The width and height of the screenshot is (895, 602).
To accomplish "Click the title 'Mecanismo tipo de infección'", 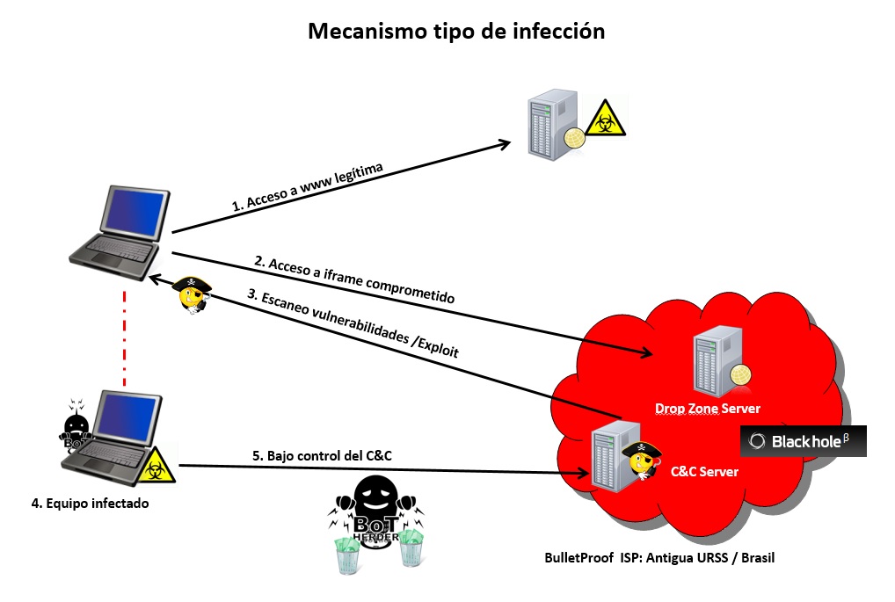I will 456,32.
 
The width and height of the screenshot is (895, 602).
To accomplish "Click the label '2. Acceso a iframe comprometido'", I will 353,280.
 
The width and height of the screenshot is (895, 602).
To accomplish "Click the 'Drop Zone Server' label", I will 708,409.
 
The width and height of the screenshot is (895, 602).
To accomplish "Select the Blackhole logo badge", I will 803,441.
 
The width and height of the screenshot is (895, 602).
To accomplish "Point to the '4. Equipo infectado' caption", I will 90,504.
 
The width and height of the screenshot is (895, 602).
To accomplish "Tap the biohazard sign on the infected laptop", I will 156,466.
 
